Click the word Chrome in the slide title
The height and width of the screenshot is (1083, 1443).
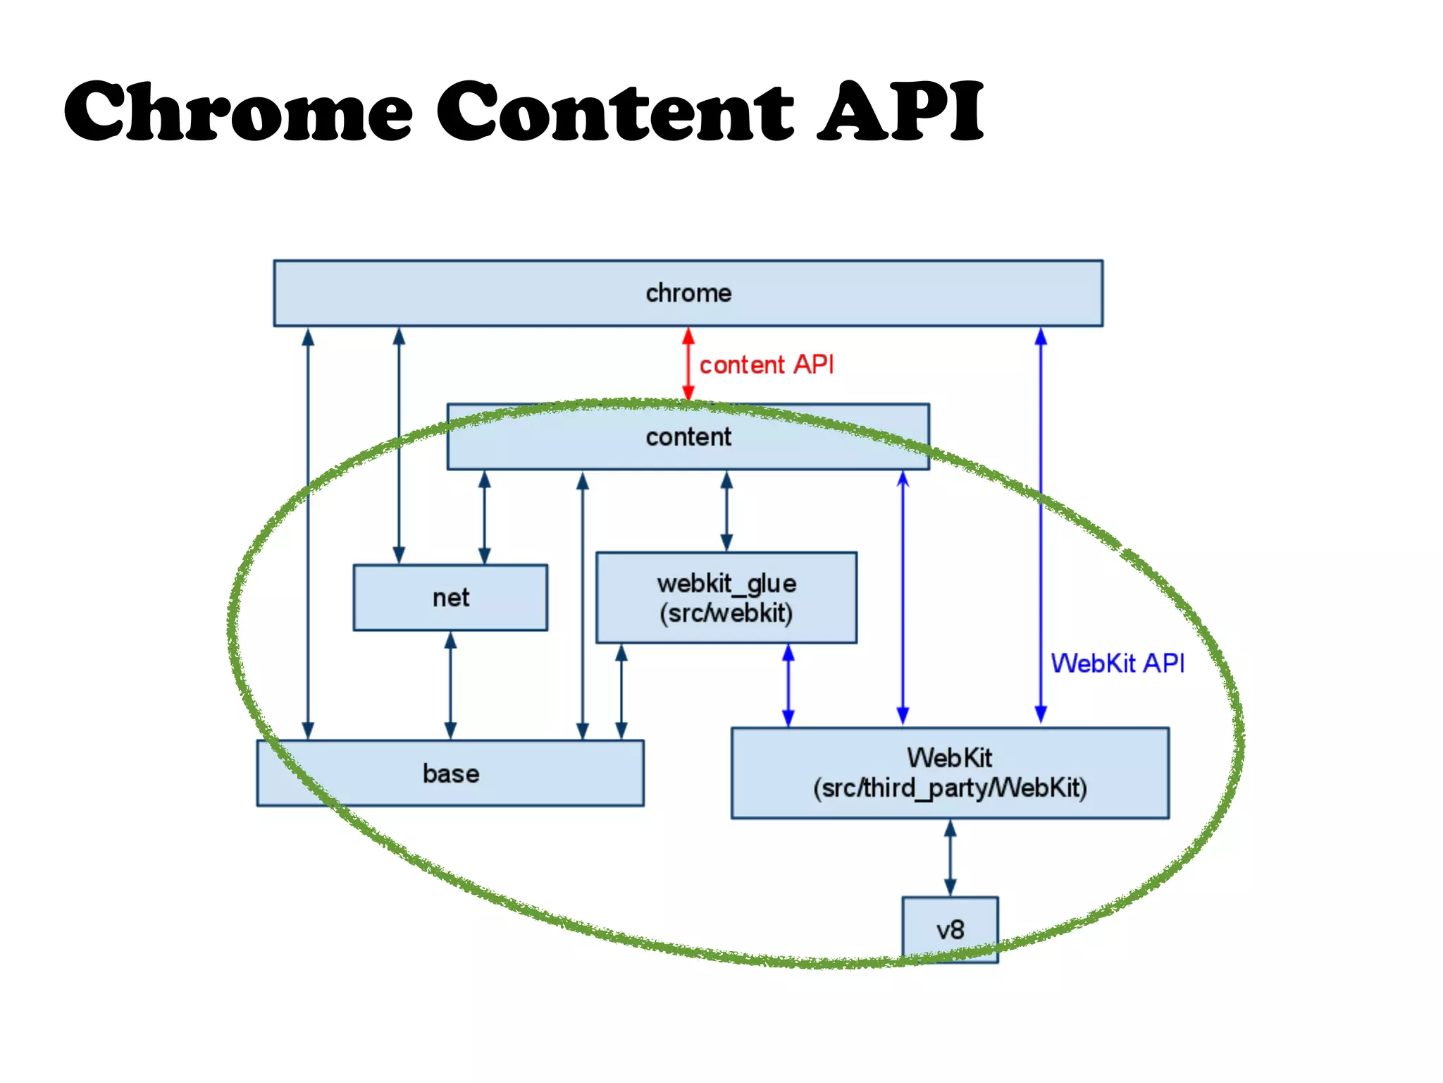pos(238,111)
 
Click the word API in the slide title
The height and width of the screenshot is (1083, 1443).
pos(900,111)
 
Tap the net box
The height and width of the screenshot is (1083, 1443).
pos(450,598)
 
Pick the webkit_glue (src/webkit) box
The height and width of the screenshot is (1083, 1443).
pos(726,598)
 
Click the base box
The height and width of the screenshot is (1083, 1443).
pos(450,773)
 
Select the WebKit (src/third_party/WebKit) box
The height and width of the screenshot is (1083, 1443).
pos(949,773)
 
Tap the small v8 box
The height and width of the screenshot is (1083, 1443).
pos(950,929)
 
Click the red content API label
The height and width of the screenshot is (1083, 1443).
pos(766,365)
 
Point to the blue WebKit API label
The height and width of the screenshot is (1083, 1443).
pos(1117,663)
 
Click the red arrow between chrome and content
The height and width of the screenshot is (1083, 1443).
pos(688,365)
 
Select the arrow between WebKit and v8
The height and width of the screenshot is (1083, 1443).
pos(950,857)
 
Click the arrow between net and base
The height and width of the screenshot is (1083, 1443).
pos(450,685)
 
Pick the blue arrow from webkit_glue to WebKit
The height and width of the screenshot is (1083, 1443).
pos(788,685)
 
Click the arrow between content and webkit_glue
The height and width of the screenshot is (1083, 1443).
pos(726,511)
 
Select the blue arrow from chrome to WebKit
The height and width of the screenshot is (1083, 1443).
pos(1041,525)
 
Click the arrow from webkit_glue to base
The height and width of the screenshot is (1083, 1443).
pos(621,691)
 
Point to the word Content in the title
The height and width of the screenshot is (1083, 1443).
pos(615,111)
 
